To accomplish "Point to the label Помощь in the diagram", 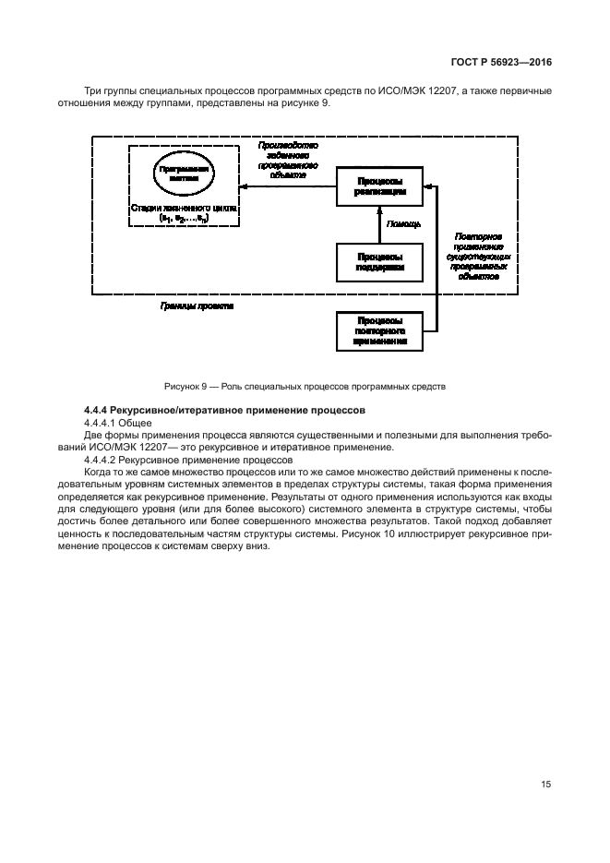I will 403,224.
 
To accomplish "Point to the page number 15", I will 545,785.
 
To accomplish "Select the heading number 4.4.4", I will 98,409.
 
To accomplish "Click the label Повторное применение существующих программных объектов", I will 479,256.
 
